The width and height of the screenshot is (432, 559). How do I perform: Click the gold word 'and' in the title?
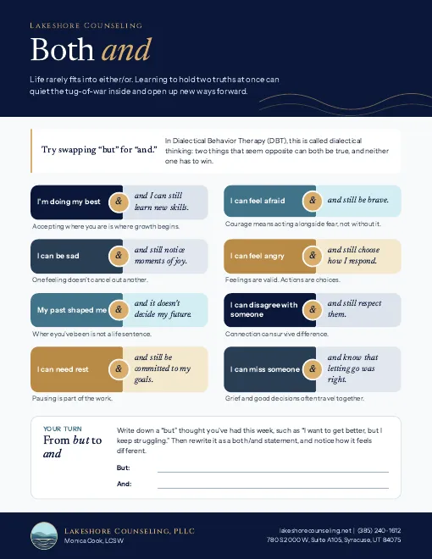pyautogui.click(x=127, y=49)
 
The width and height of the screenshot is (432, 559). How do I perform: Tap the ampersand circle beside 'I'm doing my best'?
pyautogui.click(x=119, y=202)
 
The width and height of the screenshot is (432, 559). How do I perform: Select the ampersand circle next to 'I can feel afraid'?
pyautogui.click(x=313, y=201)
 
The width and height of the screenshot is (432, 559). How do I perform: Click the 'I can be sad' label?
pyautogui.click(x=58, y=256)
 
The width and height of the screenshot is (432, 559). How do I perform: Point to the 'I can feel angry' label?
pyautogui.click(x=258, y=256)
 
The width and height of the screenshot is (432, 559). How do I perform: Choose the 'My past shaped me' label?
pyautogui.click(x=72, y=310)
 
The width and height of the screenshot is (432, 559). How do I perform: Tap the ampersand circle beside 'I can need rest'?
pyautogui.click(x=119, y=368)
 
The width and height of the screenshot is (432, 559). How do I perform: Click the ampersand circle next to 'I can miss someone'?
pyautogui.click(x=313, y=368)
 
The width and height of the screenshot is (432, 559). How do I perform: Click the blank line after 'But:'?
pyautogui.click(x=273, y=472)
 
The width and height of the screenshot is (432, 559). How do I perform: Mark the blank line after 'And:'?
pyautogui.click(x=273, y=488)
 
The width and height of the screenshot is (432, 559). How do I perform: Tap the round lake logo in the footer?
pyautogui.click(x=44, y=536)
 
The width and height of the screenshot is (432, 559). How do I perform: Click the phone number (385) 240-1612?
pyautogui.click(x=379, y=530)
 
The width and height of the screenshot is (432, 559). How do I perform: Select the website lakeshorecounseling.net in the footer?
pyautogui.click(x=315, y=530)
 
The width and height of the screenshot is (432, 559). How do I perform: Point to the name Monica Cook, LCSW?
pyautogui.click(x=94, y=541)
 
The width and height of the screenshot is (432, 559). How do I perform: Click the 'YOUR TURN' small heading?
pyautogui.click(x=63, y=429)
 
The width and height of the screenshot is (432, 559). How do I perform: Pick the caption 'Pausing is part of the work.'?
pyautogui.click(x=72, y=398)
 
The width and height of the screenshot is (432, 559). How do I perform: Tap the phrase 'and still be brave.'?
pyautogui.click(x=358, y=200)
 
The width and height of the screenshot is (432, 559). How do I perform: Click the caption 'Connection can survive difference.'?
pyautogui.click(x=277, y=334)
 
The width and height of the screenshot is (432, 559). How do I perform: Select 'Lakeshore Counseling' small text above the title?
pyautogui.click(x=86, y=25)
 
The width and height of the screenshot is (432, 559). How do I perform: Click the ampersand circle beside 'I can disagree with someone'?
pyautogui.click(x=313, y=309)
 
